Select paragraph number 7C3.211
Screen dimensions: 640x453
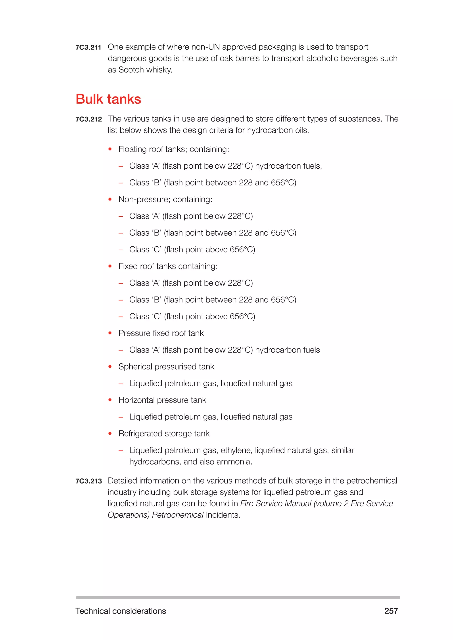(88, 47)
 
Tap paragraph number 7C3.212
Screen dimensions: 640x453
(88, 119)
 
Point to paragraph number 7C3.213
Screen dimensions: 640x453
(88, 481)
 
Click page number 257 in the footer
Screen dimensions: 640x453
(391, 611)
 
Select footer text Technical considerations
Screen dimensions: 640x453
(121, 611)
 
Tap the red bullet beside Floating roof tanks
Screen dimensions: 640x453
(110, 149)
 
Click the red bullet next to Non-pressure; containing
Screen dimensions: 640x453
(110, 200)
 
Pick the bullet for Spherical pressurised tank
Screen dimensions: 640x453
(110, 367)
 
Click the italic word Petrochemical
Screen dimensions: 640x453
(177, 515)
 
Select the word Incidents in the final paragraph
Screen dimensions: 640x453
(223, 515)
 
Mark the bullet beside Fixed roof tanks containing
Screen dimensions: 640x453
(110, 267)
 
